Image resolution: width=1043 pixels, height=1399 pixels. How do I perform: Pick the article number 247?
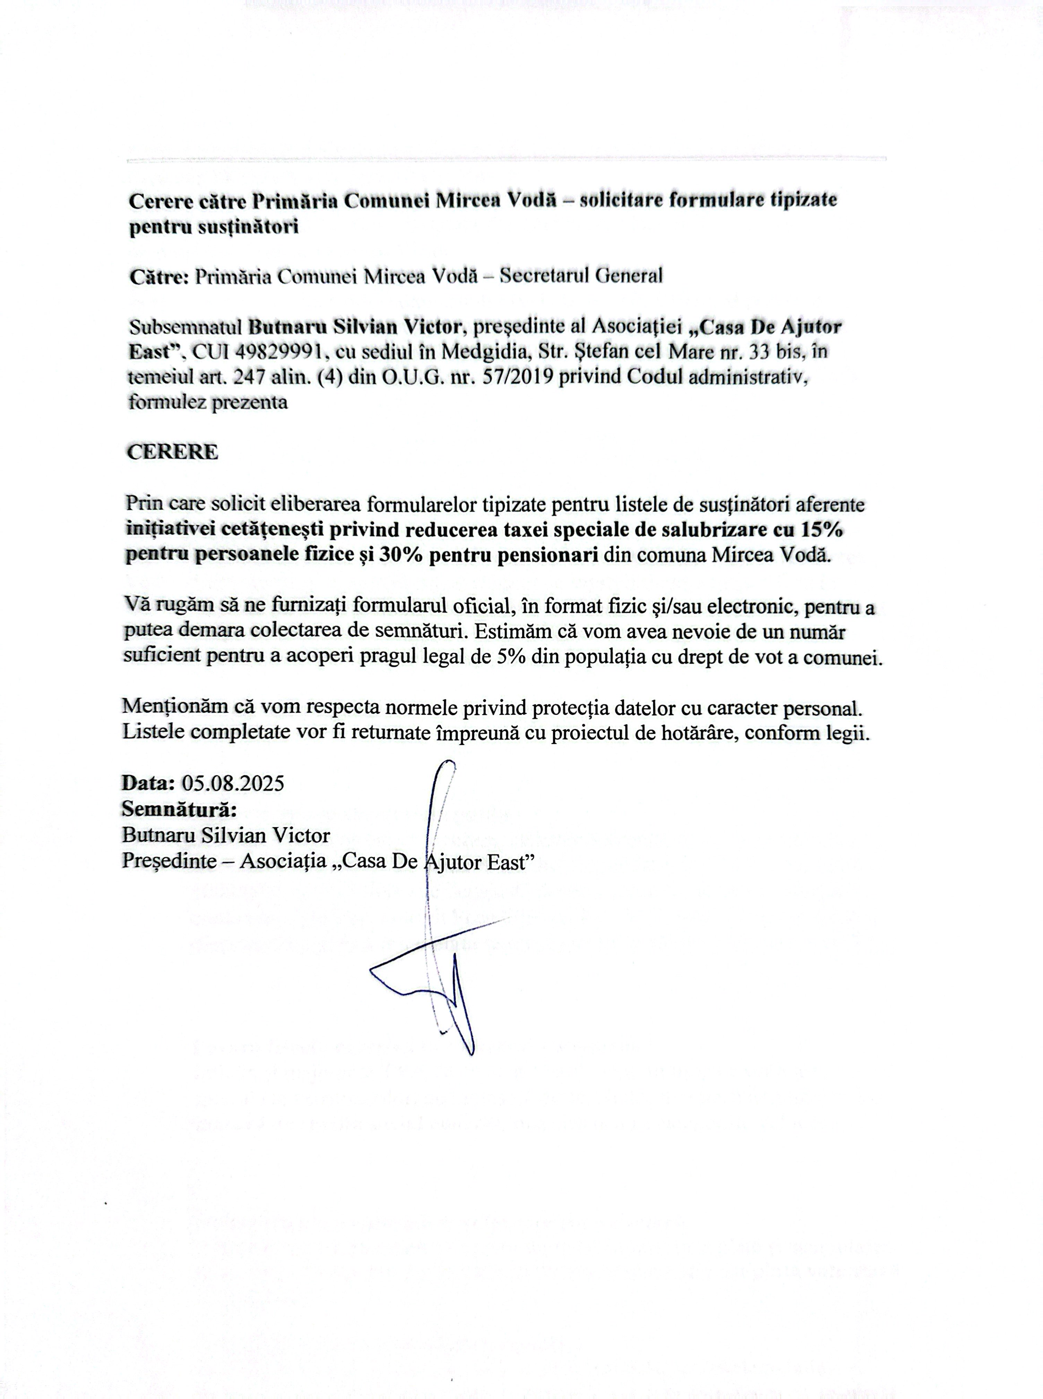248,377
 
